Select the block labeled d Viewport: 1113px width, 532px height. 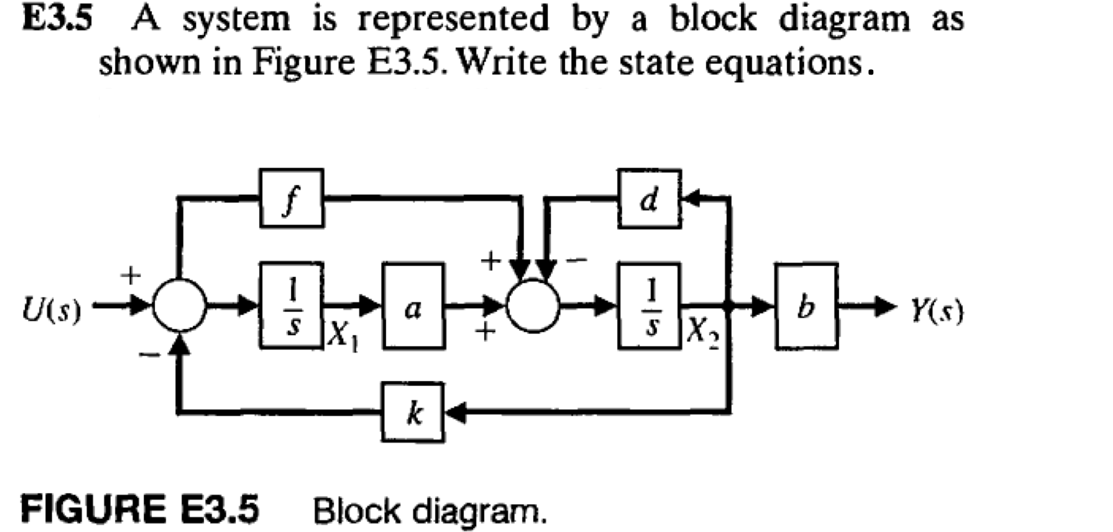(x=649, y=199)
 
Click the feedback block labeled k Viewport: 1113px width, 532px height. (x=413, y=412)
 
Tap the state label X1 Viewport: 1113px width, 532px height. (x=340, y=335)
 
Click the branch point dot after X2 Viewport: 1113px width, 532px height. (x=730, y=305)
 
